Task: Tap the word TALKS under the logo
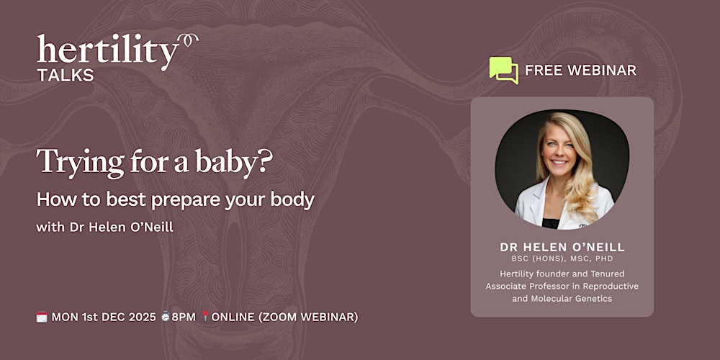(65, 76)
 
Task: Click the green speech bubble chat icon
(503, 70)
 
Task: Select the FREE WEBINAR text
(580, 71)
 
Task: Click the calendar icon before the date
(42, 317)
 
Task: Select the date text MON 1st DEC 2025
(104, 317)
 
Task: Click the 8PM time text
(184, 317)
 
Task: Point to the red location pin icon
(204, 317)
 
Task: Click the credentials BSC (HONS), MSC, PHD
(562, 258)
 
